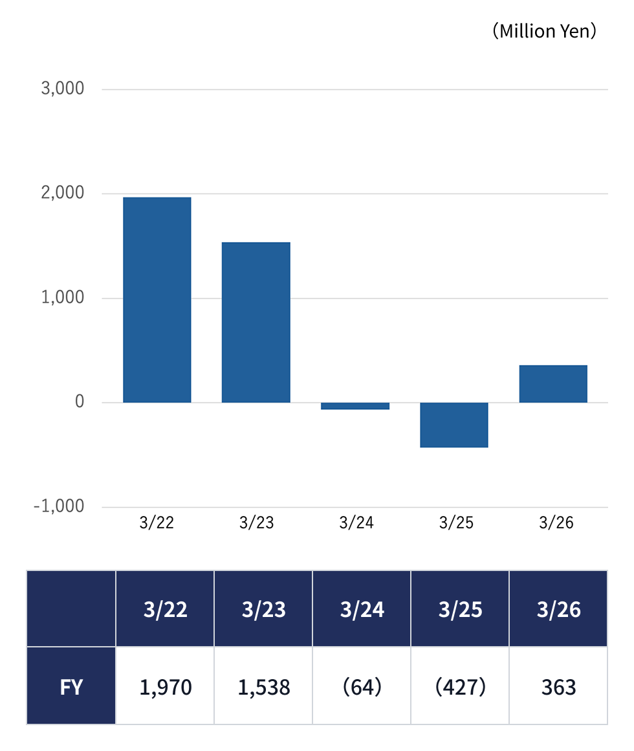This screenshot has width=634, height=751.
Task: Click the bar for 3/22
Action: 157,300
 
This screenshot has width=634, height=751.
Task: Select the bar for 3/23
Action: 256,322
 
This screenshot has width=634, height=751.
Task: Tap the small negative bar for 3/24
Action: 355,406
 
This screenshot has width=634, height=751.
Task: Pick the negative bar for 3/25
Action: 454,425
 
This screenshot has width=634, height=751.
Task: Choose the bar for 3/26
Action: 553,384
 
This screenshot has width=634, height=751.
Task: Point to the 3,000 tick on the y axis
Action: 63,89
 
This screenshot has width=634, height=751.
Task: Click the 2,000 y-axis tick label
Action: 63,192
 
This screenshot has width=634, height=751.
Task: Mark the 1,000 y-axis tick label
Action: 63,297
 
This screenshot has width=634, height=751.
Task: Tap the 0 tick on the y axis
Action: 80,401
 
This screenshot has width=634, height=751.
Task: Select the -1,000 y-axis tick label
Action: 59,506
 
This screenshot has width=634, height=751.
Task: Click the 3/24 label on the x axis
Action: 356,522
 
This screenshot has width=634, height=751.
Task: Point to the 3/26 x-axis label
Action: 556,522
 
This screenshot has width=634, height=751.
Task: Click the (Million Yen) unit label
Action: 545,31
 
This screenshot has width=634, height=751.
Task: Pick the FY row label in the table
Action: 71,688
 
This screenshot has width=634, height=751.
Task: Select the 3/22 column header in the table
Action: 165,609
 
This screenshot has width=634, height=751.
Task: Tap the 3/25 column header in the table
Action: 461,609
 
